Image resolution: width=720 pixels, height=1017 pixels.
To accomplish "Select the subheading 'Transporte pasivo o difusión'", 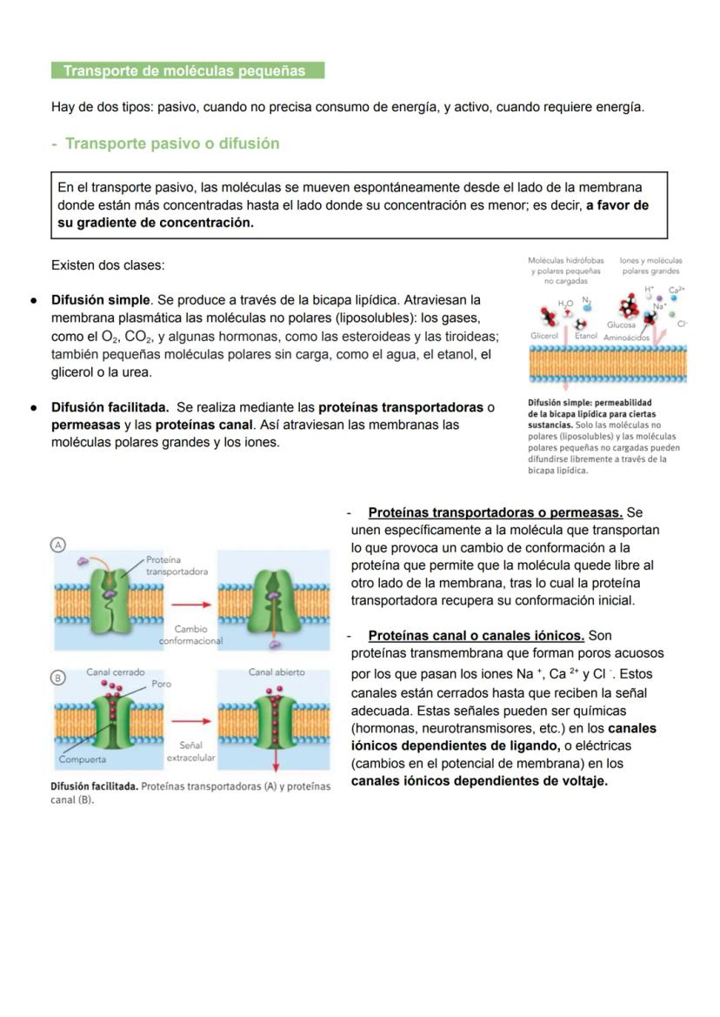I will (x=171, y=144).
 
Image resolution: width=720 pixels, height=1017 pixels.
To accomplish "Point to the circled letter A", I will (x=58, y=544).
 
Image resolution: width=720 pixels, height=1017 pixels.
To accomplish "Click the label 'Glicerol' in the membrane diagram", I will (x=544, y=336).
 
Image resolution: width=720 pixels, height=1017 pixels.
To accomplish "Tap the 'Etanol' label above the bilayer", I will (x=586, y=336).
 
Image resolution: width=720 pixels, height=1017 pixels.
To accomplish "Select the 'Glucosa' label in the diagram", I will (x=621, y=325).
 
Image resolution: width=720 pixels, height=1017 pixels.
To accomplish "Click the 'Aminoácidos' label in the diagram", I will (x=627, y=338).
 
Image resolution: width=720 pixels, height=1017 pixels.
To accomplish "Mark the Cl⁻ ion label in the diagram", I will (x=682, y=324).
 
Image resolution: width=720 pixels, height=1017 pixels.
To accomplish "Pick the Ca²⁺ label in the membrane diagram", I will (x=677, y=290).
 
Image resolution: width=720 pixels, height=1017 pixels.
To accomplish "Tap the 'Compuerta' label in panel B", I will (x=83, y=759).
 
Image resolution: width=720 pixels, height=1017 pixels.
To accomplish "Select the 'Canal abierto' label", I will (x=277, y=672).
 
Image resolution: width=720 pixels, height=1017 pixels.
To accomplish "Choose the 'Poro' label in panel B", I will (x=162, y=684).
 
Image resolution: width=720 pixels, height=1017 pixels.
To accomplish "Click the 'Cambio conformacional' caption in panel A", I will (x=190, y=634).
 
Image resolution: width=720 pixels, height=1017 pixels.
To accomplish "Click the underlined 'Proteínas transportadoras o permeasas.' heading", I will (x=495, y=512).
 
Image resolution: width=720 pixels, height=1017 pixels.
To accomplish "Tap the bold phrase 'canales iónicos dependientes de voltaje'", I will (x=479, y=781).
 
